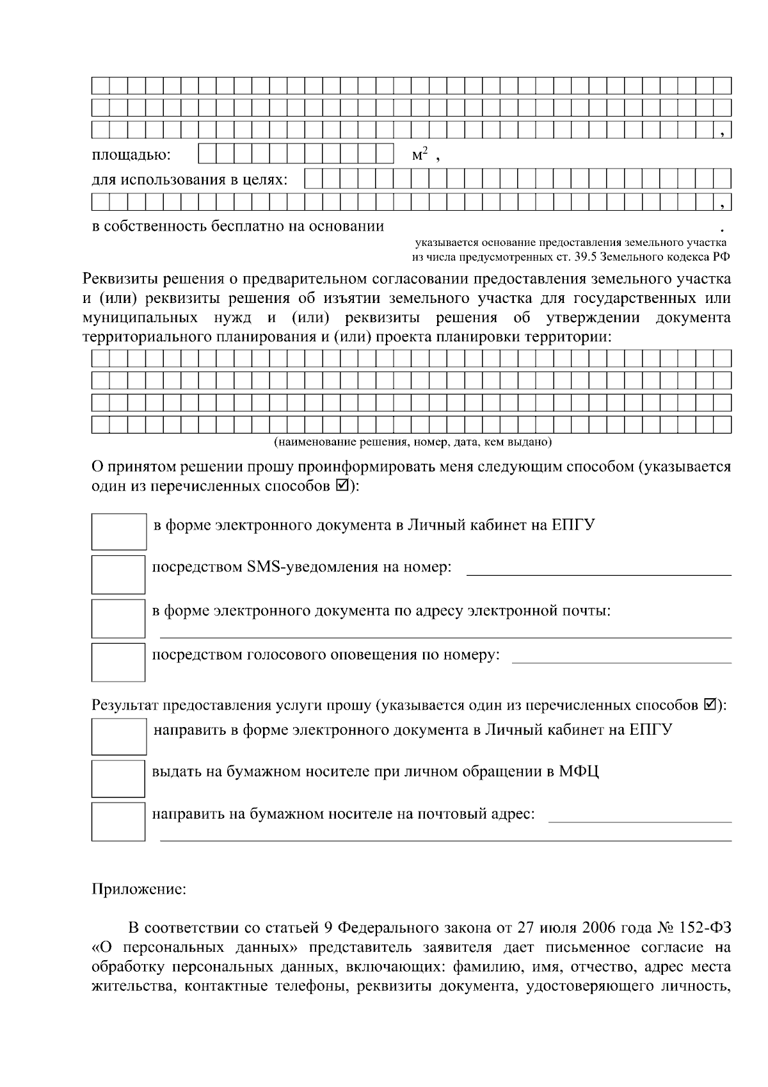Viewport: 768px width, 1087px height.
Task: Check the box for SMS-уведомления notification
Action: tap(118, 575)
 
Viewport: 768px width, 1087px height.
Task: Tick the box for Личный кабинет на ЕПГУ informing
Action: tap(118, 531)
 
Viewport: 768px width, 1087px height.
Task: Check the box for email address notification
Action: tap(118, 618)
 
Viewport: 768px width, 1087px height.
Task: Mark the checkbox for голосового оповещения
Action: tap(118, 662)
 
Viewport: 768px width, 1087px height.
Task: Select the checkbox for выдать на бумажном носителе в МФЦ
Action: tap(118, 779)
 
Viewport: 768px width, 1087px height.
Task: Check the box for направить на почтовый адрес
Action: tap(118, 821)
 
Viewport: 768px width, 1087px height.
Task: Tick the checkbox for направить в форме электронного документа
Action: tap(118, 736)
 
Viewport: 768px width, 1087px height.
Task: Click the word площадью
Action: tap(131, 156)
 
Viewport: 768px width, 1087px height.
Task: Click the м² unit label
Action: tap(419, 155)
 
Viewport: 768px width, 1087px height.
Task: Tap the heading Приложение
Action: tap(140, 890)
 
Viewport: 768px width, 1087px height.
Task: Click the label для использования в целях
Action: tap(189, 179)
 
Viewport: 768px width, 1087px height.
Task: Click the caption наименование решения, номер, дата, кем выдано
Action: tap(413, 442)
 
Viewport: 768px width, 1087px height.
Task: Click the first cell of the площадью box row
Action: tap(207, 154)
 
